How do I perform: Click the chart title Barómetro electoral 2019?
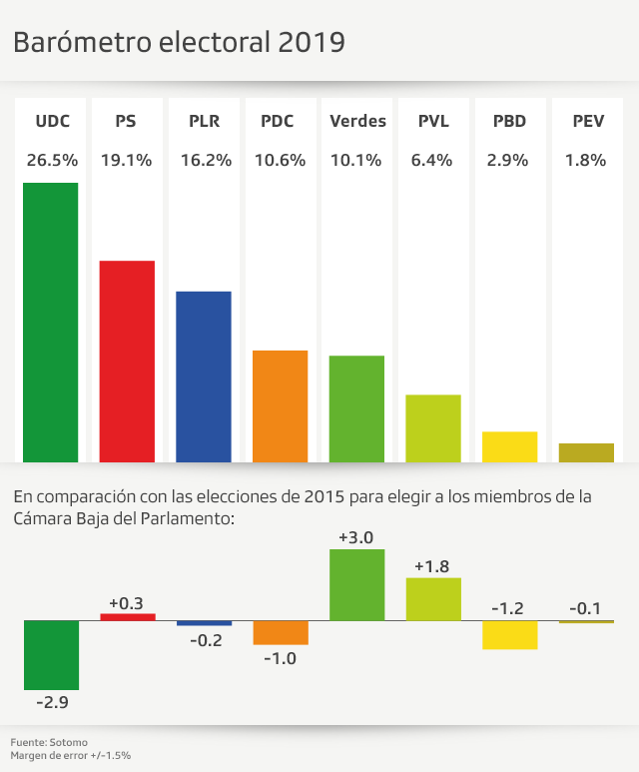tap(179, 42)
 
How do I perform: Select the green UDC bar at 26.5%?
tap(51, 322)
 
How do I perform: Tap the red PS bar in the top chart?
tap(127, 361)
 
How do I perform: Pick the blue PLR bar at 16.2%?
tap(204, 377)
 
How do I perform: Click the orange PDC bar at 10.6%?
tap(281, 405)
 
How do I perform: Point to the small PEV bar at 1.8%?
tap(586, 452)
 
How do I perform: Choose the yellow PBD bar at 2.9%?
tap(509, 446)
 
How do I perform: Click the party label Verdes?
tap(357, 122)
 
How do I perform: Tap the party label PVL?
tap(433, 122)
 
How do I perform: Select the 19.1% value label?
tap(127, 160)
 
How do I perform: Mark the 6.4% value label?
tap(433, 160)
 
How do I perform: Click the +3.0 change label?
tap(356, 537)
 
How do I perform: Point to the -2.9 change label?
tap(51, 703)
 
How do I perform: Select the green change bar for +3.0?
tap(356, 585)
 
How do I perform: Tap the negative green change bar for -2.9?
tap(51, 655)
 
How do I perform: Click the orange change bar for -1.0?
tap(281, 632)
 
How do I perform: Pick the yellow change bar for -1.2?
tap(509, 635)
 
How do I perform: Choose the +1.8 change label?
tap(433, 566)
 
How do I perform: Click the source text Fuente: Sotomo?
tap(49, 742)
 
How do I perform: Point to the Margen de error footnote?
tap(71, 756)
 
